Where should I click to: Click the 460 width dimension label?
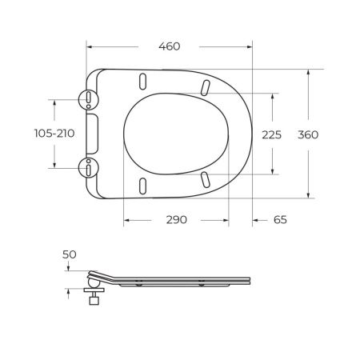(x=170, y=46)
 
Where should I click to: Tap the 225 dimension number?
(x=272, y=134)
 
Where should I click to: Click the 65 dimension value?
(x=278, y=220)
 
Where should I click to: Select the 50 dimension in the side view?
(x=69, y=254)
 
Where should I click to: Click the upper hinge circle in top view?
(x=88, y=98)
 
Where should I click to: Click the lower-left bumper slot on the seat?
(x=143, y=184)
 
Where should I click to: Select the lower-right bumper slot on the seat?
(x=206, y=179)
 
